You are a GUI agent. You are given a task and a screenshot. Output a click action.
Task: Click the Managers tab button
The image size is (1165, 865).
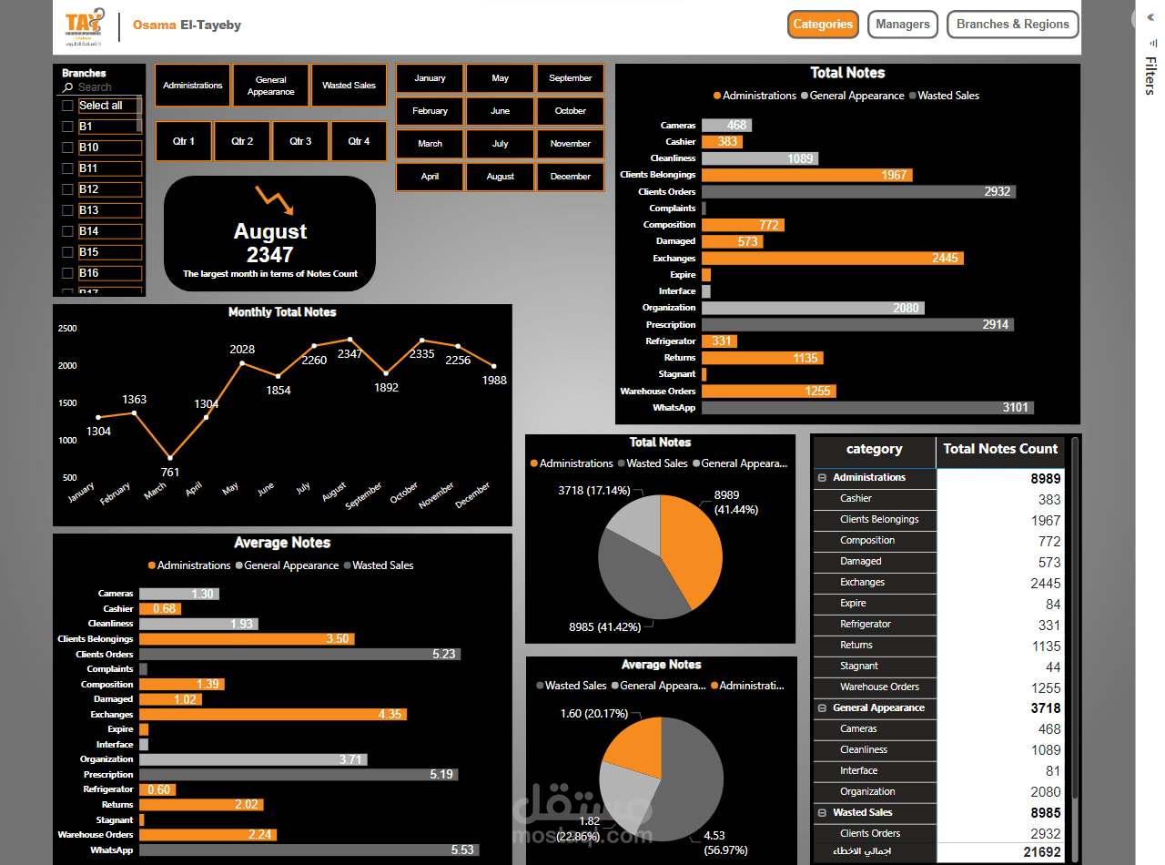[902, 25]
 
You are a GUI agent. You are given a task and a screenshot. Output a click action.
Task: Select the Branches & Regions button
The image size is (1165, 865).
[1012, 25]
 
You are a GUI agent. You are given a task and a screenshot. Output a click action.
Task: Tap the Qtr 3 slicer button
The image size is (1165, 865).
[300, 142]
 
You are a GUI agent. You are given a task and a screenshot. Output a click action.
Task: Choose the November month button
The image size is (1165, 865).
[571, 144]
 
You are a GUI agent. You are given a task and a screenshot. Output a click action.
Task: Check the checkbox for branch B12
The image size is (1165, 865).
[67, 189]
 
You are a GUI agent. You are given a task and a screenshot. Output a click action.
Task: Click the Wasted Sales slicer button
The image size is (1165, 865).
[349, 86]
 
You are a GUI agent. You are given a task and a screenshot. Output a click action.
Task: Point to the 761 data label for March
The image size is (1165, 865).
[169, 472]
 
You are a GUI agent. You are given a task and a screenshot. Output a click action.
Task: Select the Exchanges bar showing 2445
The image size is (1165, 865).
[832, 259]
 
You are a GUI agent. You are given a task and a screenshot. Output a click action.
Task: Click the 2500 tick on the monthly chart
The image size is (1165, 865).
[67, 328]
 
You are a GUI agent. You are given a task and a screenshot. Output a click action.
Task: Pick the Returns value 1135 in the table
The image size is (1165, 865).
[1046, 646]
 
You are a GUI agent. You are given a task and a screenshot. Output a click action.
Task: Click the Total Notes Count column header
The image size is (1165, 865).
[1000, 449]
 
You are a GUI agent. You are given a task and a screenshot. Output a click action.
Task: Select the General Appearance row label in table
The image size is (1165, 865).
[878, 707]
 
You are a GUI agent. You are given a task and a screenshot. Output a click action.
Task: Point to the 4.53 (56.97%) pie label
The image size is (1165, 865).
[724, 843]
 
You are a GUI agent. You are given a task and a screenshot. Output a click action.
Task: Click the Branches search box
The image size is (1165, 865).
[105, 87]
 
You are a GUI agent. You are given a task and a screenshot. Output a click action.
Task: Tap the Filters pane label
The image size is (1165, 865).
[1150, 76]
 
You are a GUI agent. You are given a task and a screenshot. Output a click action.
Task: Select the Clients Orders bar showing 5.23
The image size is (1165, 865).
[299, 654]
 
